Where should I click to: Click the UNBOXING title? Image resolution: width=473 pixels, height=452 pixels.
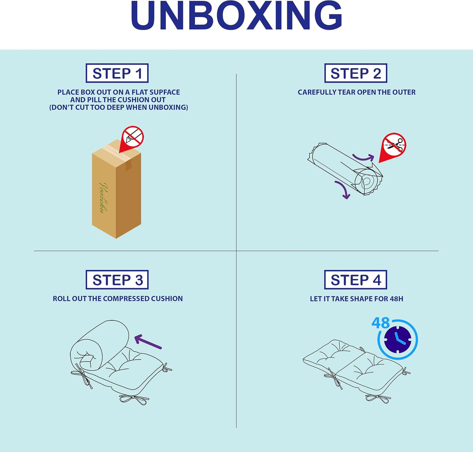(x=236, y=15)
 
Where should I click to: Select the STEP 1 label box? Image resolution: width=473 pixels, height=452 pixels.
(x=117, y=73)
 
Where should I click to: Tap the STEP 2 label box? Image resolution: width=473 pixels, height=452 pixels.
(x=355, y=73)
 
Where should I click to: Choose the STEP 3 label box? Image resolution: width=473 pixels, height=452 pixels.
(x=117, y=280)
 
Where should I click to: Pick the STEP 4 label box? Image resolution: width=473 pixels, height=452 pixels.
(x=355, y=280)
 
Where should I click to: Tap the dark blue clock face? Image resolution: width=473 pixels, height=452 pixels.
(x=397, y=339)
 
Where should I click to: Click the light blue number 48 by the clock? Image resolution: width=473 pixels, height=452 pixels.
(x=381, y=323)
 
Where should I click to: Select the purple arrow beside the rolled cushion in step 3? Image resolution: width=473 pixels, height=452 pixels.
(x=148, y=341)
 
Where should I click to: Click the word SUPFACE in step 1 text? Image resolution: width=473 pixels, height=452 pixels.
(x=165, y=92)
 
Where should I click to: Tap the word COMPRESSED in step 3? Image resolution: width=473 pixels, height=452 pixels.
(x=126, y=298)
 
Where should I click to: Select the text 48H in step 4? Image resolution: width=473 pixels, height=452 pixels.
(x=396, y=299)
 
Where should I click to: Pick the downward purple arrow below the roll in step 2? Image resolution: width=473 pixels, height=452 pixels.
(x=344, y=189)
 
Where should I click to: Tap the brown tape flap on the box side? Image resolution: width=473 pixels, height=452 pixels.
(x=128, y=165)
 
